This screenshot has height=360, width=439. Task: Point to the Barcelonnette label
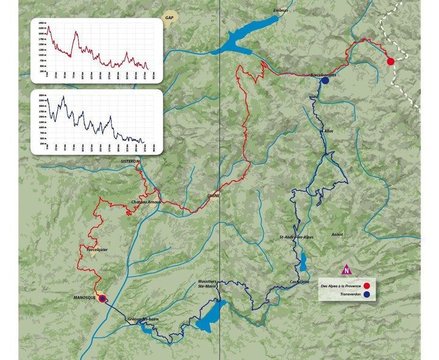pos(323,74)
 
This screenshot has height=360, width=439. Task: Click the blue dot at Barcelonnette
pos(325,80)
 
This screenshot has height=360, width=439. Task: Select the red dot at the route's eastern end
pos(390,61)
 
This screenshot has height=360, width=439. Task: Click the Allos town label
pos(329,130)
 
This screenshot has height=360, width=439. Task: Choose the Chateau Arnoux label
pos(145,202)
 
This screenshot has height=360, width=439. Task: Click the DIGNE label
pos(213,196)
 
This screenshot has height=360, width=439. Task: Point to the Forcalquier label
pos(98,248)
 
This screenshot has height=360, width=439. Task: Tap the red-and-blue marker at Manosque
pos(102,298)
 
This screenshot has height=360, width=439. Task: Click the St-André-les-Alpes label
pos(296,236)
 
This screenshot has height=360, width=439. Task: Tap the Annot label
pos(337,234)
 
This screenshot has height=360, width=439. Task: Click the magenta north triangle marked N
pos(346,269)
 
